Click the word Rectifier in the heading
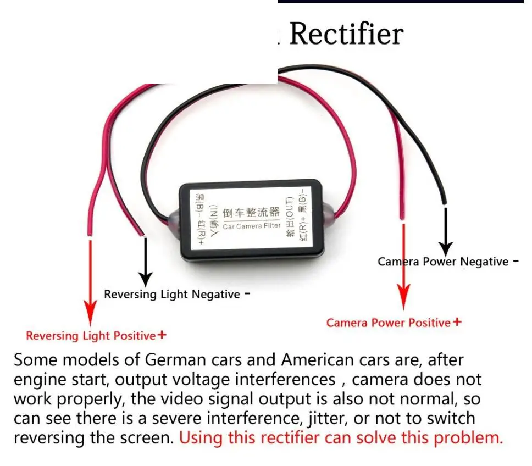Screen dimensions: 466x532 coord(346,34)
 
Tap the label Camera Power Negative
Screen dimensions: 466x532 coord(443,262)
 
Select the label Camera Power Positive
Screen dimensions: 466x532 coord(388,323)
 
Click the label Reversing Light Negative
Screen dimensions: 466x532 coord(172,295)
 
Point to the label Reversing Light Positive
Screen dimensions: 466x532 coord(91,336)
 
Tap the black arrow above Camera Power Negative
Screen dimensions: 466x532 coord(445,231)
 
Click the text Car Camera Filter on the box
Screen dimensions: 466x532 coord(252,225)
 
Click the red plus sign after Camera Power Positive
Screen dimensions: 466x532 coord(457,322)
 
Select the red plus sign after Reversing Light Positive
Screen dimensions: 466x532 coord(162,335)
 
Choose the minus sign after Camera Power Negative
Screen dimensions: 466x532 coord(515,261)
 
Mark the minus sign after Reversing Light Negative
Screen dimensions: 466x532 coord(247,293)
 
